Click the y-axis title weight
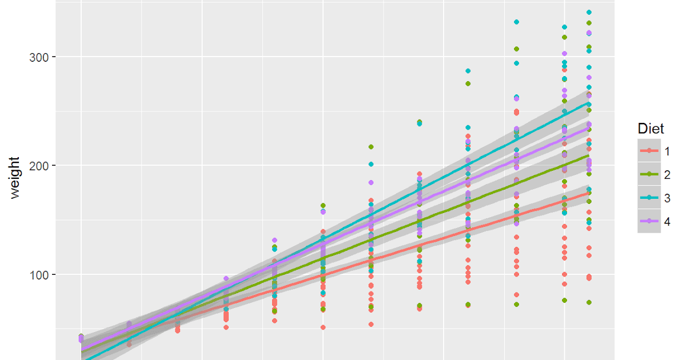click(15, 177)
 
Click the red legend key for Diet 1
click(649, 150)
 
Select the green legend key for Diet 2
click(649, 174)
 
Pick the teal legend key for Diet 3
click(649, 198)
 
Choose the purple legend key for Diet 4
click(649, 222)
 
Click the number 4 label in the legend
click(667, 222)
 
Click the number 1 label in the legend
click(667, 150)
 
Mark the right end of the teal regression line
click(589, 103)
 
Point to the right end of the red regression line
click(589, 193)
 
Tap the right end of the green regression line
click(589, 155)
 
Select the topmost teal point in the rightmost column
click(589, 12)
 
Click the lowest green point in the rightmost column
click(589, 302)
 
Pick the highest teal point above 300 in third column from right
click(516, 22)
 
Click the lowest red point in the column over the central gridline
click(323, 327)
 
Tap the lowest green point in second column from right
click(565, 300)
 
